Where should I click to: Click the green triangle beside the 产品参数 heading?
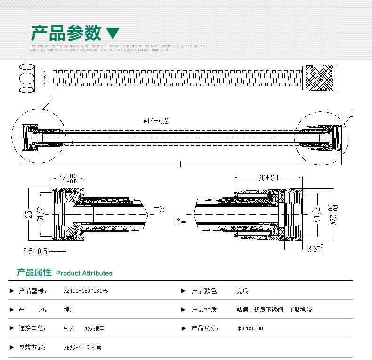[113, 33]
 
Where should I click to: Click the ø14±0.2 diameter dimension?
[156, 121]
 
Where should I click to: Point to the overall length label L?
[181, 164]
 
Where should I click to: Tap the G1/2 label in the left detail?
[41, 214]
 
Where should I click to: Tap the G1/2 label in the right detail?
[317, 214]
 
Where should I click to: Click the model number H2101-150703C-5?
[86, 291]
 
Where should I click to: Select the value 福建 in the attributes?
[69, 310]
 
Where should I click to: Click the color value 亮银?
[242, 291]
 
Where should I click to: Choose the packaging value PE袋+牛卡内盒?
[82, 348]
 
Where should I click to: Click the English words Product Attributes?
[84, 273]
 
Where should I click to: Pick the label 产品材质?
[205, 310]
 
